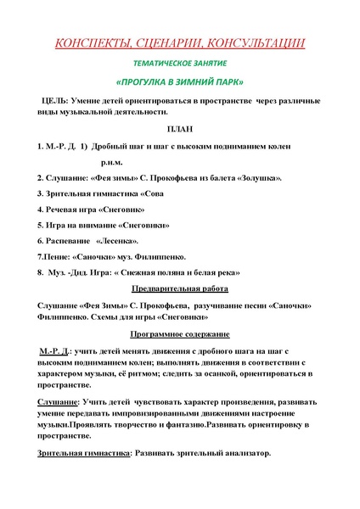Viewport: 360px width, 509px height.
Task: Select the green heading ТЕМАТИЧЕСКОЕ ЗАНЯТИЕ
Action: click(x=179, y=64)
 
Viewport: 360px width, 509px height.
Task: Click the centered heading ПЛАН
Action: click(x=179, y=129)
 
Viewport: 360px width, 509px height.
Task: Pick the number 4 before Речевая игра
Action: click(x=40, y=209)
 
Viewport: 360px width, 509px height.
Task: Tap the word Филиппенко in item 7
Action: click(x=156, y=256)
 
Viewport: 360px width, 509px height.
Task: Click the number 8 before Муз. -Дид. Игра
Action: click(x=40, y=272)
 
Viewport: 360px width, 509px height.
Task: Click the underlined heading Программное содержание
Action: click(x=179, y=333)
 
